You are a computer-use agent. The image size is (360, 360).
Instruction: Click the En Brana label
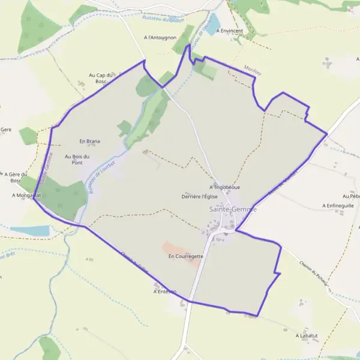(89, 142)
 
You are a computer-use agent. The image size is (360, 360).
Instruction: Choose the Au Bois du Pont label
(77, 160)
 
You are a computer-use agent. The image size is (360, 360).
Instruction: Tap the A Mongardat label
(26, 196)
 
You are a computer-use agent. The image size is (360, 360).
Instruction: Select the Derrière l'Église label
(199, 196)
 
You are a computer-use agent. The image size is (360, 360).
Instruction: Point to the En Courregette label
(186, 256)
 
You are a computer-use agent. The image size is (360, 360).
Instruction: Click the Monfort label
(253, 71)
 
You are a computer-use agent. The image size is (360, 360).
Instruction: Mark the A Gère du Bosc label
(11, 177)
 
